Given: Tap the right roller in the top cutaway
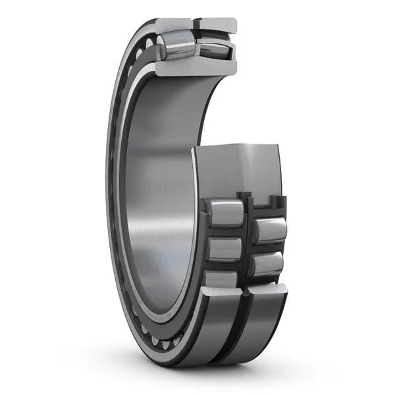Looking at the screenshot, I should click(215, 47).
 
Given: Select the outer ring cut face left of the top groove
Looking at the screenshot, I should click(174, 25).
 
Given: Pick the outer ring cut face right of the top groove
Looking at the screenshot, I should click(218, 24).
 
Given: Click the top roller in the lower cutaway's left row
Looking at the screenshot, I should click(225, 212).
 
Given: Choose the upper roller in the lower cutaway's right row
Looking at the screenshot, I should click(270, 230).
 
